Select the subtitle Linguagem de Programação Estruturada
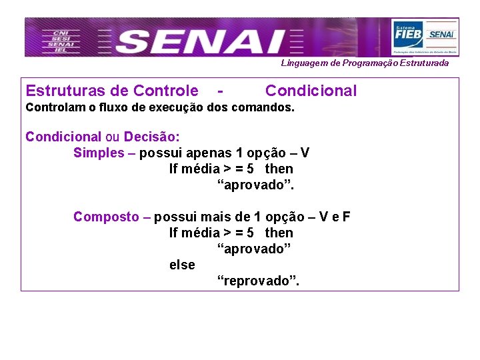(365, 63)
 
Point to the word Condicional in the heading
(311, 91)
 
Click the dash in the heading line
(220, 91)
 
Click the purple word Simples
(99, 153)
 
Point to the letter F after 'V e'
(347, 217)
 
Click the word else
(182, 265)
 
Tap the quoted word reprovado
(259, 281)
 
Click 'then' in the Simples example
(279, 169)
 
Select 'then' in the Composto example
(279, 233)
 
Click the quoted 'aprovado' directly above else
(255, 249)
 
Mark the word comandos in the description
(265, 107)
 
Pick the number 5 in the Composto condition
(249, 233)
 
